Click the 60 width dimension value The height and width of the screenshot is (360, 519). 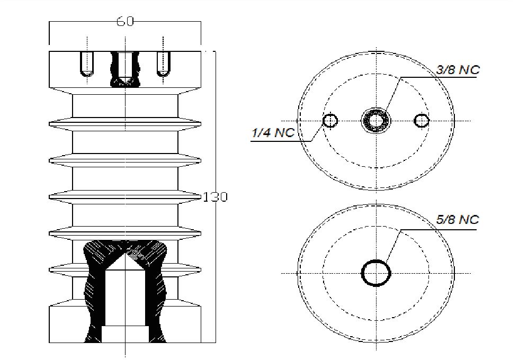point(125,22)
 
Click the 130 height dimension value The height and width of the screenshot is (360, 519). point(216,197)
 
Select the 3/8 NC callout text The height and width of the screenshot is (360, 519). point(458,70)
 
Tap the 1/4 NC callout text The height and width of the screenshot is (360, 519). point(272,133)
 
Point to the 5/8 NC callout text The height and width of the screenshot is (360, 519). point(458,220)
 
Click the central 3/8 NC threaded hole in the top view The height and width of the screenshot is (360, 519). point(375,121)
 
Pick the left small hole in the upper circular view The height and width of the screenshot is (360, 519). point(330,121)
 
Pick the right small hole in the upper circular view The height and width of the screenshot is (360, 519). point(422,121)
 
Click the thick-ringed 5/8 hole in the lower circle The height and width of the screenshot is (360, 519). point(375,273)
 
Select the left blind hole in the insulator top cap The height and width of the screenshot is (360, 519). point(85,64)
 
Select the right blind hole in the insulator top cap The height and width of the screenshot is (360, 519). point(164,64)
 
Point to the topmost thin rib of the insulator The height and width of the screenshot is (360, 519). point(124,124)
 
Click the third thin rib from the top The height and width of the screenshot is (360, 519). point(124,196)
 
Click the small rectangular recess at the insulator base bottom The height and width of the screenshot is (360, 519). point(124,334)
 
